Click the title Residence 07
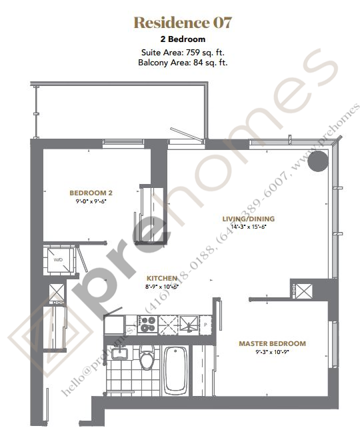(x=183, y=23)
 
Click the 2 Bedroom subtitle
(x=182, y=40)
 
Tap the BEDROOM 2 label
(x=89, y=193)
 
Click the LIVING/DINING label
(x=248, y=218)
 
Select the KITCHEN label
(x=162, y=277)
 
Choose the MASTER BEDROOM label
(x=272, y=344)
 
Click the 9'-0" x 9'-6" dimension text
(x=89, y=201)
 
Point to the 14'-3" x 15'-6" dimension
(x=248, y=227)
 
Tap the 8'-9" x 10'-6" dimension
(x=162, y=286)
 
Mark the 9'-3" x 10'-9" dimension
(x=272, y=353)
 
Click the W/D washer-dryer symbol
(x=58, y=260)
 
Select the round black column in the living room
(x=319, y=161)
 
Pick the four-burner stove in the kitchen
(x=147, y=324)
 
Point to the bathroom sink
(x=121, y=352)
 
